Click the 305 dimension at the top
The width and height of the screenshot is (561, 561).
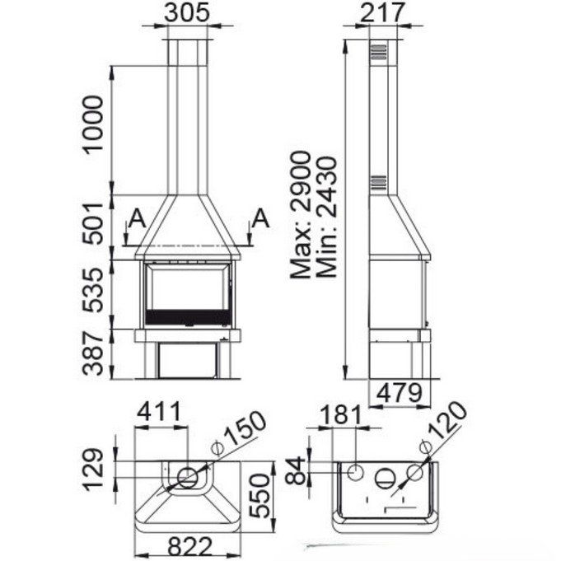pos(186,13)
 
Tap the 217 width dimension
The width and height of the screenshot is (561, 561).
pos(382,13)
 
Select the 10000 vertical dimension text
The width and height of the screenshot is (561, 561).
pos(93,124)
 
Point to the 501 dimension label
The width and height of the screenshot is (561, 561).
pos(93,223)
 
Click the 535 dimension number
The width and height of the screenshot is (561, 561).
pos(93,290)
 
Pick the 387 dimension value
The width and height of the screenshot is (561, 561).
pos(93,353)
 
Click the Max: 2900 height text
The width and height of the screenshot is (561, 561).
pos(300,215)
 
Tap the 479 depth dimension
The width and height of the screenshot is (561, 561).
pos(400,393)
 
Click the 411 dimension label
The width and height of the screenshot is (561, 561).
pos(160,412)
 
